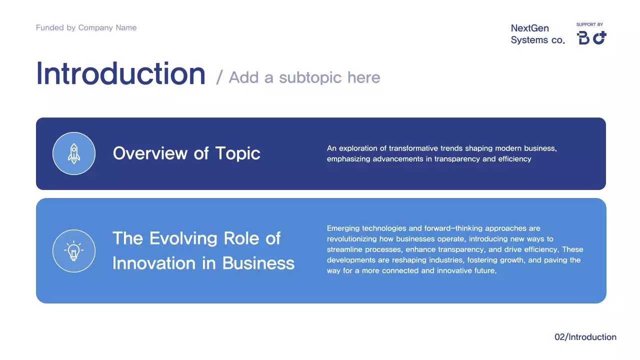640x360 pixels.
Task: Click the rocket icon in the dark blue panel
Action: pos(74,153)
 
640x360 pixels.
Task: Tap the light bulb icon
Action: pos(74,250)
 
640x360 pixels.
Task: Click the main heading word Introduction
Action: pos(120,74)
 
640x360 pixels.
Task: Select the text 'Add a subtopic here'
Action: pos(304,77)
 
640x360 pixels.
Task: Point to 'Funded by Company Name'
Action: pos(86,27)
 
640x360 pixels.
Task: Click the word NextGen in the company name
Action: pos(529,28)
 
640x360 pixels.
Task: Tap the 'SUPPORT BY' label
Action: pos(589,24)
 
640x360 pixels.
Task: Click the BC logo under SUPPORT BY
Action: pos(591,38)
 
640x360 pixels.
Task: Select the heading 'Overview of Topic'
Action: pos(186,153)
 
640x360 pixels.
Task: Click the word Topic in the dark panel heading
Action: pos(237,153)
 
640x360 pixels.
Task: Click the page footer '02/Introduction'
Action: pos(585,337)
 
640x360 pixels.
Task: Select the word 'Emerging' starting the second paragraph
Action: pos(343,228)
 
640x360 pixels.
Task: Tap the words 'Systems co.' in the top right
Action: pos(537,40)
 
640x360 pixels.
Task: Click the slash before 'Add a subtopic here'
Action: pos(219,78)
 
